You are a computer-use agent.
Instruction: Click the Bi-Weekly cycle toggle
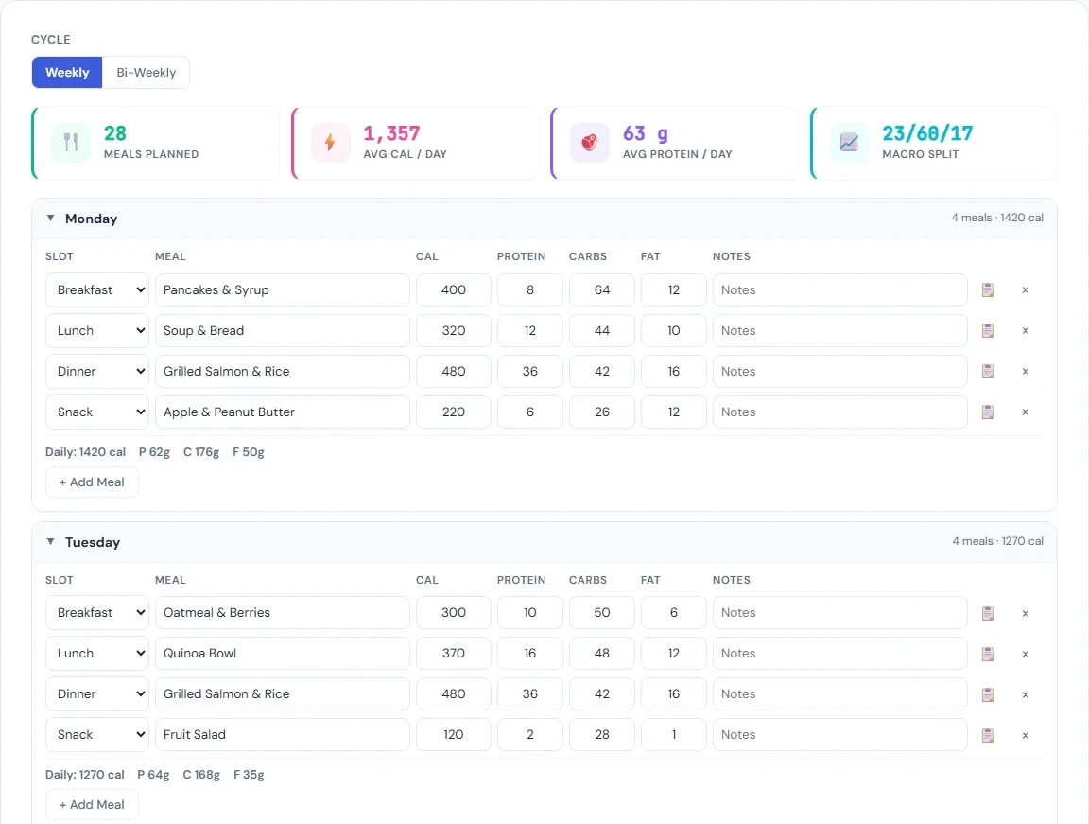pos(146,73)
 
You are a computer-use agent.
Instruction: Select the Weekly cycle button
pos(67,73)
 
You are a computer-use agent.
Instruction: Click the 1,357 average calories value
pos(391,133)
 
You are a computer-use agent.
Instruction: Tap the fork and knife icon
pos(71,143)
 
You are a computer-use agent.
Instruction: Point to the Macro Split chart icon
pos(849,143)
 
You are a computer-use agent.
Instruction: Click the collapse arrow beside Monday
pos(51,219)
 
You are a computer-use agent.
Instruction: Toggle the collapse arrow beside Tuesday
pos(51,542)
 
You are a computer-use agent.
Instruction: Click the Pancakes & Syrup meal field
pos(282,290)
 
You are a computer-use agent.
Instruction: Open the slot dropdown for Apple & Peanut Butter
pos(97,412)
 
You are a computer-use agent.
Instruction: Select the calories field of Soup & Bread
pos(454,331)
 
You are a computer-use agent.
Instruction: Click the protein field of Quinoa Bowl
pos(529,654)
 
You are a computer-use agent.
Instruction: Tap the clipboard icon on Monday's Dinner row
pos(988,372)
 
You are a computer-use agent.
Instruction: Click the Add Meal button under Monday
pos(92,482)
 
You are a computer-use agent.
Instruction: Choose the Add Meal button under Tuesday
pos(92,805)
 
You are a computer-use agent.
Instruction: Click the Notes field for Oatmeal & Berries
pos(839,613)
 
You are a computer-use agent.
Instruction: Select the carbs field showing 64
pos(602,290)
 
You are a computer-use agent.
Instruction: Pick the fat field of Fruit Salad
pos(673,735)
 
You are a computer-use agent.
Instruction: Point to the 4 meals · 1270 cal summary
pos(997,542)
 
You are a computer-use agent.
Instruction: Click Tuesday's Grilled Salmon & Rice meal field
pos(282,694)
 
